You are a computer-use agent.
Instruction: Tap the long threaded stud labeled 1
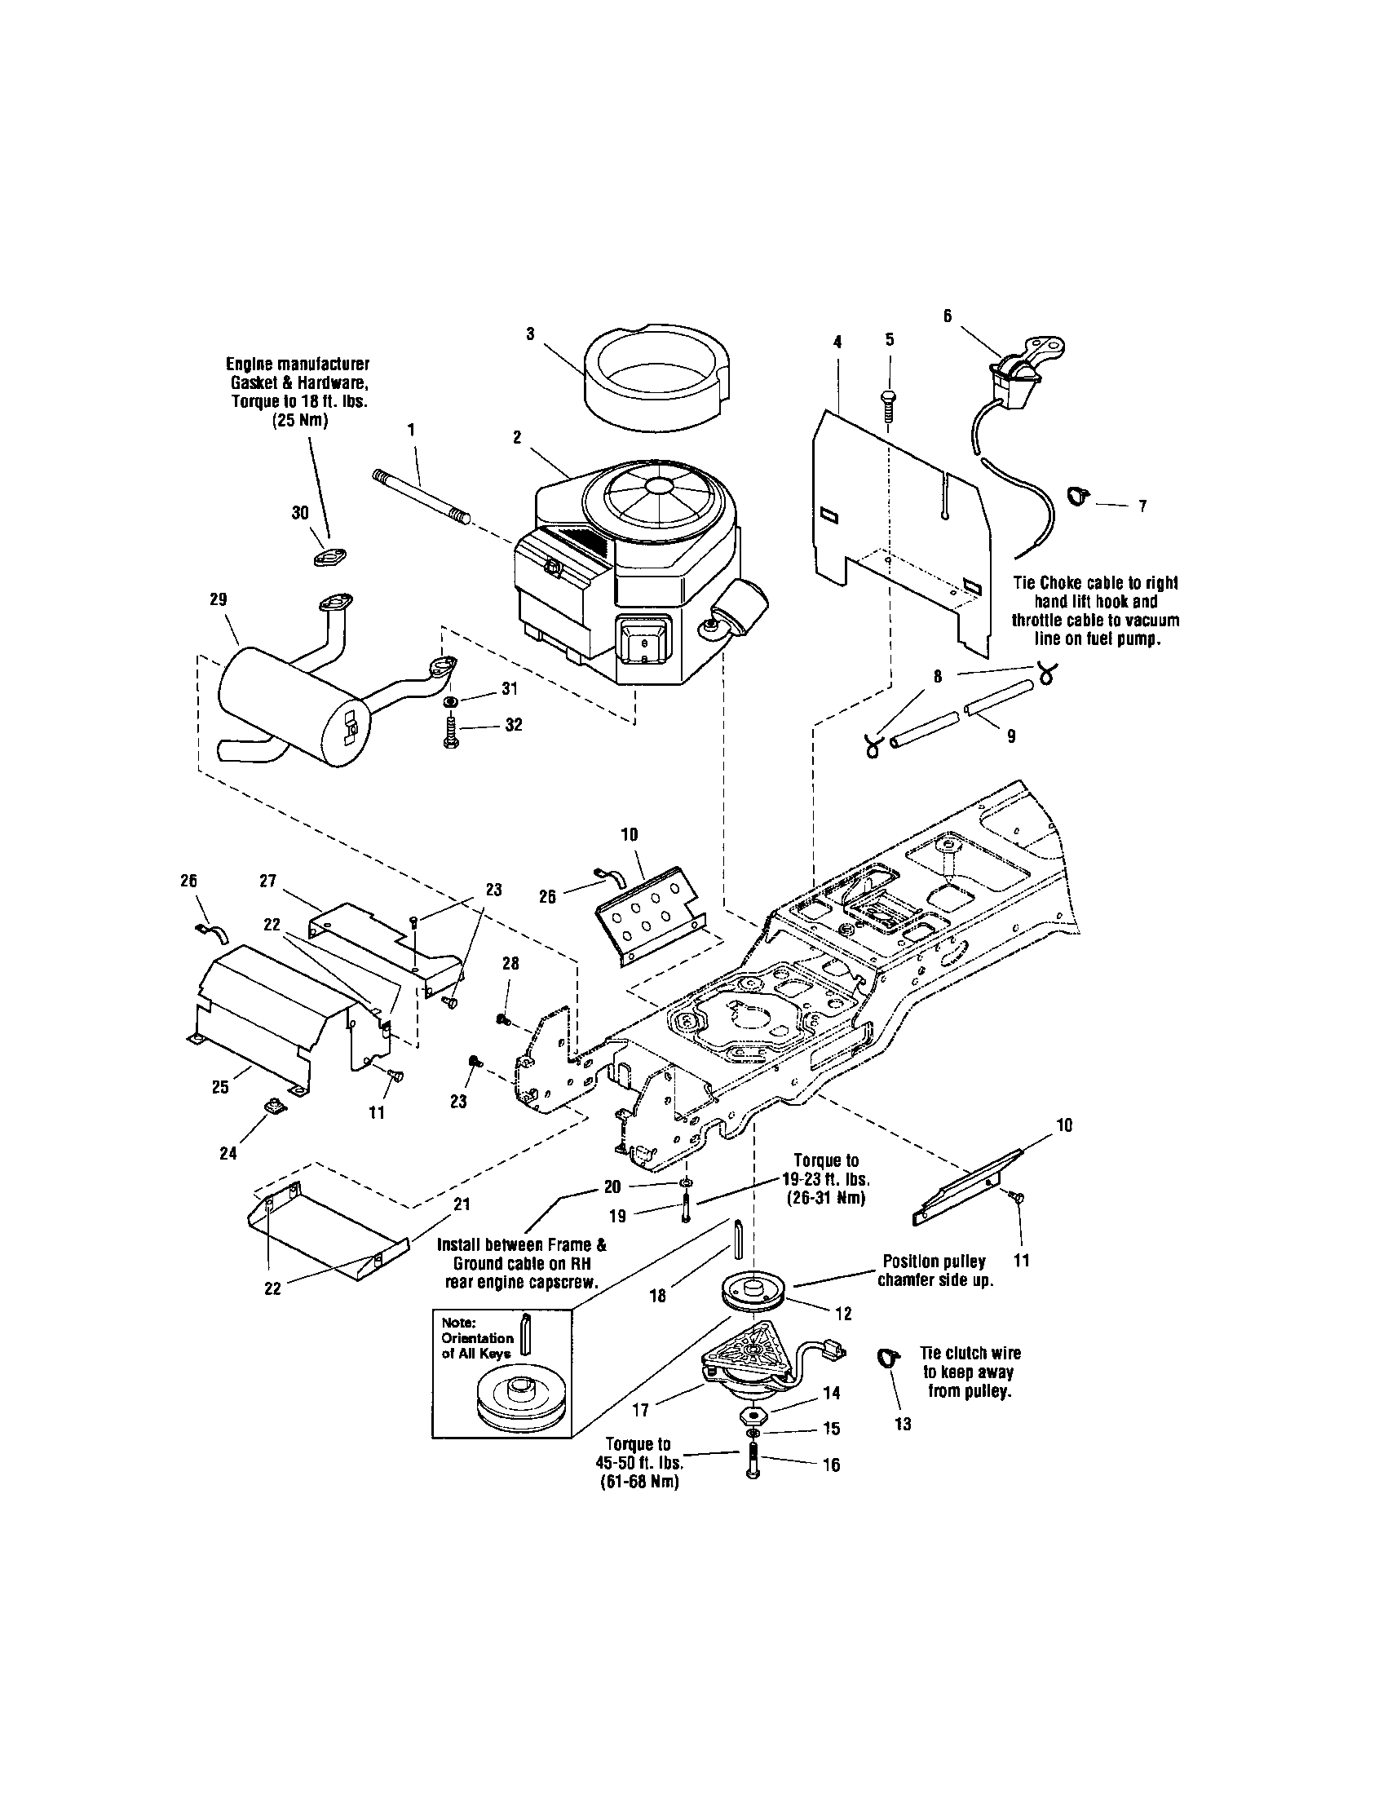421,497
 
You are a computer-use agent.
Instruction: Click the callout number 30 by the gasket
300,513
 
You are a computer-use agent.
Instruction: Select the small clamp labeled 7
1078,495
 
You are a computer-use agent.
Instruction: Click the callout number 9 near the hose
1011,737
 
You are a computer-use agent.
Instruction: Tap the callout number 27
267,881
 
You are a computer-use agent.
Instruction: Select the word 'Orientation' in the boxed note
477,1337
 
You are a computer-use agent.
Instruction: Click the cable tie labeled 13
886,1359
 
